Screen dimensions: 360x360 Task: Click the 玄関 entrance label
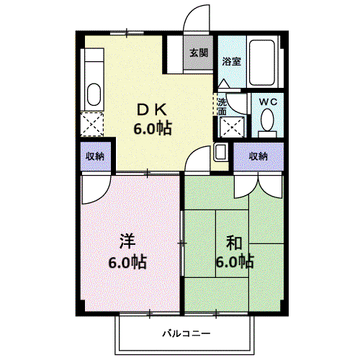tap(199, 53)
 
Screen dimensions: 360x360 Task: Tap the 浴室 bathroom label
tap(231, 61)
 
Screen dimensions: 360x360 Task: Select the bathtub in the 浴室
tap(262, 62)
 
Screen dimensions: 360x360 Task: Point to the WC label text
tap(269, 102)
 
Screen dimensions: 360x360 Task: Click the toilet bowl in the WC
tap(267, 120)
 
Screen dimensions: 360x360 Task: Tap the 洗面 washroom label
tap(222, 107)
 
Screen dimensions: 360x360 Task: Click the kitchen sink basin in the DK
tap(94, 94)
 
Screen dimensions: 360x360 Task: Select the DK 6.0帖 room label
tap(153, 120)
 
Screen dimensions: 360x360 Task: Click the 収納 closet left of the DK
tap(95, 156)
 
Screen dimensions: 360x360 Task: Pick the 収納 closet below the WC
tap(258, 156)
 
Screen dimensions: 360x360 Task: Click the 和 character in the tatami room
tap(234, 243)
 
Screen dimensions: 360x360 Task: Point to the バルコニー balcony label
tap(186, 333)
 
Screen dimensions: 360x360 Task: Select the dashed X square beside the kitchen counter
tap(92, 125)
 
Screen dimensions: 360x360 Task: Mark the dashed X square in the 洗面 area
tap(232, 127)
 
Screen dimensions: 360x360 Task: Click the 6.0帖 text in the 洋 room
tap(127, 262)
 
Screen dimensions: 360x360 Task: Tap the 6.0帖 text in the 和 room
tap(235, 261)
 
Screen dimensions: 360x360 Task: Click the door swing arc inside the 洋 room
tap(102, 195)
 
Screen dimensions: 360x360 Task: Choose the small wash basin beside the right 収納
tap(221, 152)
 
